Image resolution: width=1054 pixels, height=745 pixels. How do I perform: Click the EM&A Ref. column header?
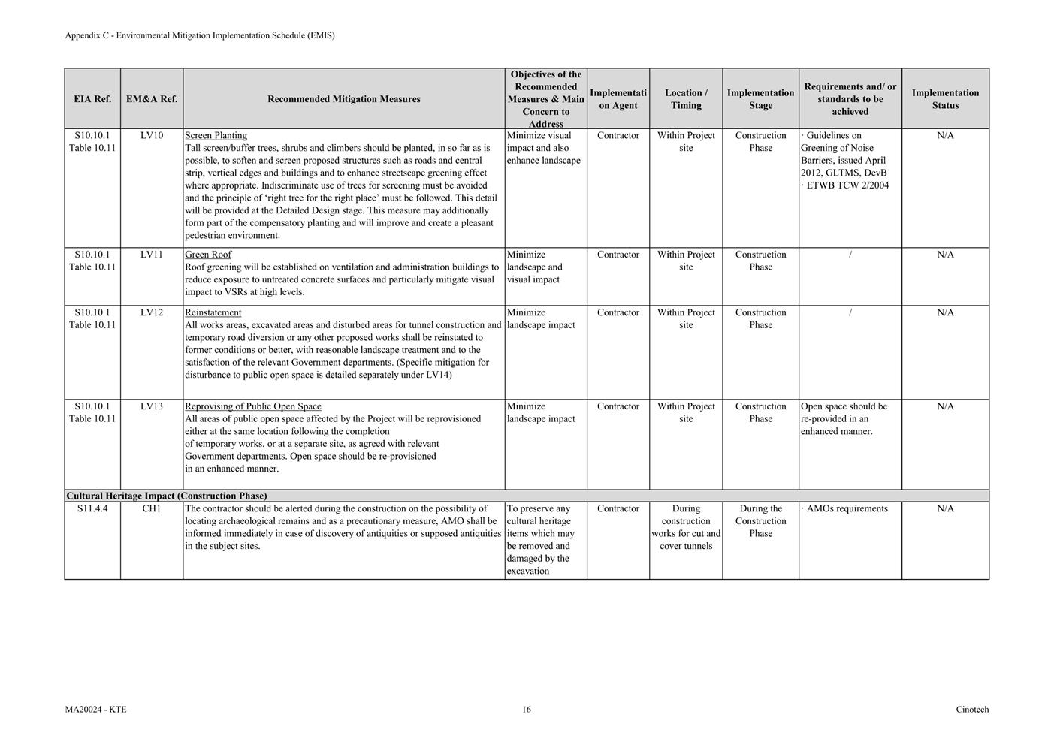tap(152, 99)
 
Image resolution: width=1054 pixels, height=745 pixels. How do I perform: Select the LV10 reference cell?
tap(152, 136)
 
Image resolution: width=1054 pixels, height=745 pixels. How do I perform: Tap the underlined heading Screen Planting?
tap(216, 136)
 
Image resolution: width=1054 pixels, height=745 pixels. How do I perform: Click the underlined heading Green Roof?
tap(208, 255)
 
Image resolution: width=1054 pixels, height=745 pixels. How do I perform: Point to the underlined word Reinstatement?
tap(213, 312)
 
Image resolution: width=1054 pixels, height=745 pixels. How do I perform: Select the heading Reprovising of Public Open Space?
tap(253, 406)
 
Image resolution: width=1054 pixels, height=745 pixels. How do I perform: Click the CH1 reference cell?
tap(152, 508)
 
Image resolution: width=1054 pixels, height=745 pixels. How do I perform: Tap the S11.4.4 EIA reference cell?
tap(92, 508)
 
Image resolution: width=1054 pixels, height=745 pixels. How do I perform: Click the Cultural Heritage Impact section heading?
tap(167, 496)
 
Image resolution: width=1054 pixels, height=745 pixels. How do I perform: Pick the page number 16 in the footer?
tap(527, 710)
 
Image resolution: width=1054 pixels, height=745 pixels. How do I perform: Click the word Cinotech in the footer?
tap(972, 710)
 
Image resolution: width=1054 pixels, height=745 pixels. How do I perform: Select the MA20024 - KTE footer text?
tap(95, 710)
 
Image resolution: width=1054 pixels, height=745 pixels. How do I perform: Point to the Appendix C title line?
tap(200, 35)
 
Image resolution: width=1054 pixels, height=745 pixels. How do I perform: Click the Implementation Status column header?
tap(945, 99)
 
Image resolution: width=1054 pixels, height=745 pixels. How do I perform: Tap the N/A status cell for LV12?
tap(945, 312)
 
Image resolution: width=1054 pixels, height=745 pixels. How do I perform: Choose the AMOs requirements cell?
tap(847, 508)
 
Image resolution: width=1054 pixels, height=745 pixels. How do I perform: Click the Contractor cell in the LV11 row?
tap(618, 255)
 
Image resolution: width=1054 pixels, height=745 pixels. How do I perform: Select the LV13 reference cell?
tap(152, 406)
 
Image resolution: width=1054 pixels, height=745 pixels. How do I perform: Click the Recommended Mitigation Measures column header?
tap(344, 99)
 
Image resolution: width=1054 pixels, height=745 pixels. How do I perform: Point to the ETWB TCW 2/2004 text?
tap(847, 185)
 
